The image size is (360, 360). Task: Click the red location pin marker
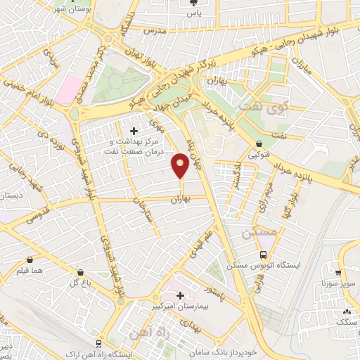pyautogui.click(x=180, y=166)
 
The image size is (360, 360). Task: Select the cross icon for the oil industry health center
pyautogui.click(x=134, y=131)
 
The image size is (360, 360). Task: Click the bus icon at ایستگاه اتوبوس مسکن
pyautogui.click(x=263, y=255)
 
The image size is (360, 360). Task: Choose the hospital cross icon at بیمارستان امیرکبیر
pyautogui.click(x=181, y=296)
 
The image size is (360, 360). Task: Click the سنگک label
pyautogui.click(x=347, y=321)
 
